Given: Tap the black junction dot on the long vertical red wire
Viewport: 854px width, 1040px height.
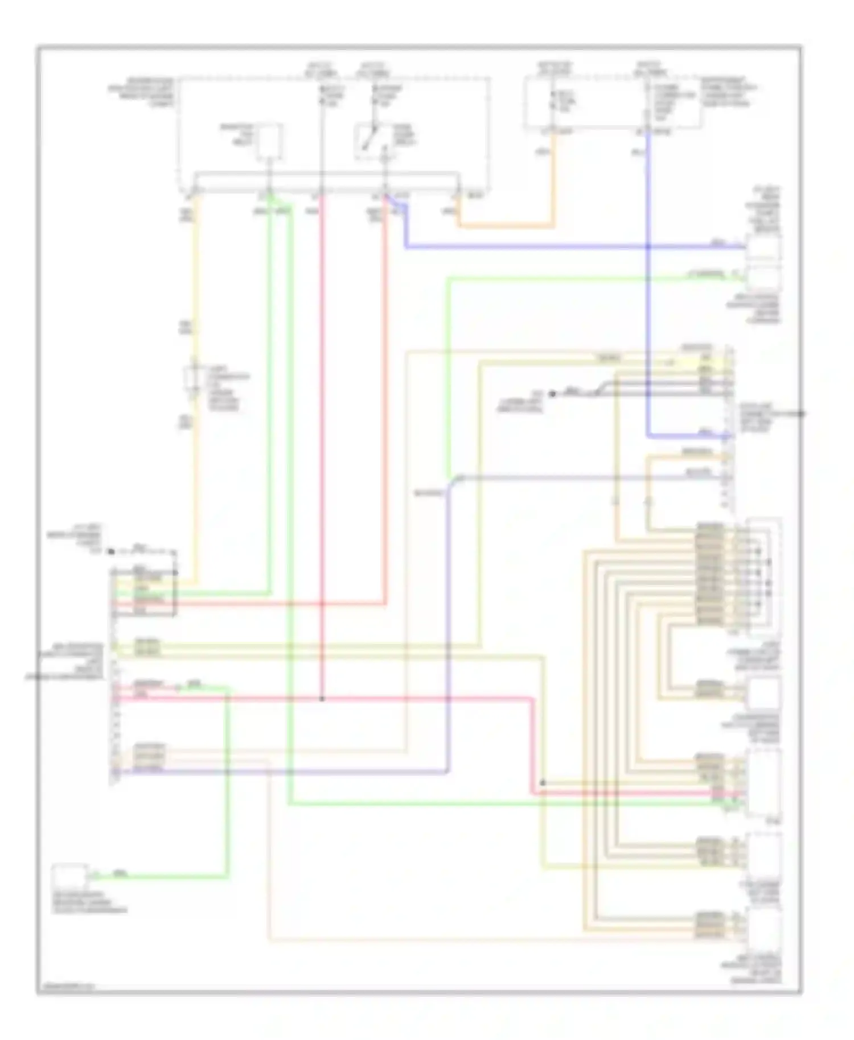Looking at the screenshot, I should click(322, 699).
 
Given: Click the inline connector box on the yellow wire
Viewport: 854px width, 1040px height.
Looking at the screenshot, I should click(194, 379).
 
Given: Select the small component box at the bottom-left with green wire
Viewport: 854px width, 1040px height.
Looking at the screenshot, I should click(69, 877).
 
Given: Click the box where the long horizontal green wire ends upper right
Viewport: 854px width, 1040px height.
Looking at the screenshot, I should click(763, 278).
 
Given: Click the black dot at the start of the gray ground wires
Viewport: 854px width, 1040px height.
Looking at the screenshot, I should click(551, 394).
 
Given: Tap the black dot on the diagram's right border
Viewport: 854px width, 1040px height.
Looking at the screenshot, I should click(801, 414).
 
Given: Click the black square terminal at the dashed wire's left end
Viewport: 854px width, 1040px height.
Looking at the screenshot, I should click(112, 551).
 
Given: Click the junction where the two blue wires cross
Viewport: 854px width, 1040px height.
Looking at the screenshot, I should click(648, 247).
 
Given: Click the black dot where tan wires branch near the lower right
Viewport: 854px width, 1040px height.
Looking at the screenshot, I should click(543, 783).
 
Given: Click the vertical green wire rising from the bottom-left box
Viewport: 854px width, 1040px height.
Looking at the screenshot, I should click(228, 785).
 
